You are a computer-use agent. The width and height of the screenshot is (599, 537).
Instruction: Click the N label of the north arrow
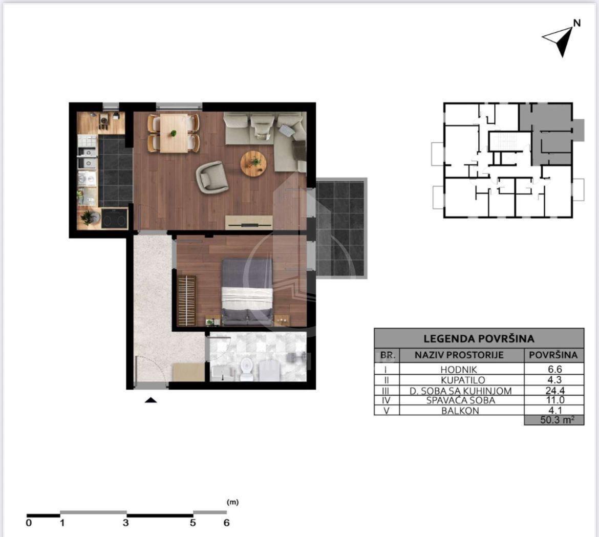click(x=577, y=23)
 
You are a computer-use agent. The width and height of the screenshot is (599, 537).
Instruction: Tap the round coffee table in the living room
click(x=253, y=163)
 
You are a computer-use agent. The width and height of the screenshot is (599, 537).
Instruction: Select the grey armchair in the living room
click(x=211, y=177)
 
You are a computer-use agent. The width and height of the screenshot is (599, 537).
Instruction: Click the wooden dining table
click(x=174, y=133)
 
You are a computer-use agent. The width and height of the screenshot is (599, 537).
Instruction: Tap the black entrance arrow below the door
click(x=151, y=400)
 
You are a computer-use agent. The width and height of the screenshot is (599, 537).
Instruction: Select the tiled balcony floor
click(x=339, y=228)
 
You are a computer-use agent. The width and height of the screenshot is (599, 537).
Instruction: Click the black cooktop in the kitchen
click(x=114, y=219)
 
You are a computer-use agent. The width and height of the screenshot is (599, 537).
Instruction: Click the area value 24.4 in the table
click(x=554, y=391)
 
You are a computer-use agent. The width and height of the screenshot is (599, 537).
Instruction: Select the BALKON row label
click(x=460, y=411)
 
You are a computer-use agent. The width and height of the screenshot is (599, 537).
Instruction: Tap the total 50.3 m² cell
click(x=554, y=420)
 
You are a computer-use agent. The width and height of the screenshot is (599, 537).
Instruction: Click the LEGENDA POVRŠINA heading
click(x=479, y=338)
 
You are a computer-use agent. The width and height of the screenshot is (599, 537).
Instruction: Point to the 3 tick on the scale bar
click(x=126, y=523)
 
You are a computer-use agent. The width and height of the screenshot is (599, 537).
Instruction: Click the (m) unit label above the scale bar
click(x=232, y=502)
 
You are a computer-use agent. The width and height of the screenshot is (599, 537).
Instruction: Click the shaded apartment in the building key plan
click(x=550, y=134)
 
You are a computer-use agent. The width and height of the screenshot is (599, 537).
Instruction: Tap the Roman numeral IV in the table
click(x=386, y=400)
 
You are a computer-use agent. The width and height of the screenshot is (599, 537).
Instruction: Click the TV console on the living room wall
click(x=249, y=222)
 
